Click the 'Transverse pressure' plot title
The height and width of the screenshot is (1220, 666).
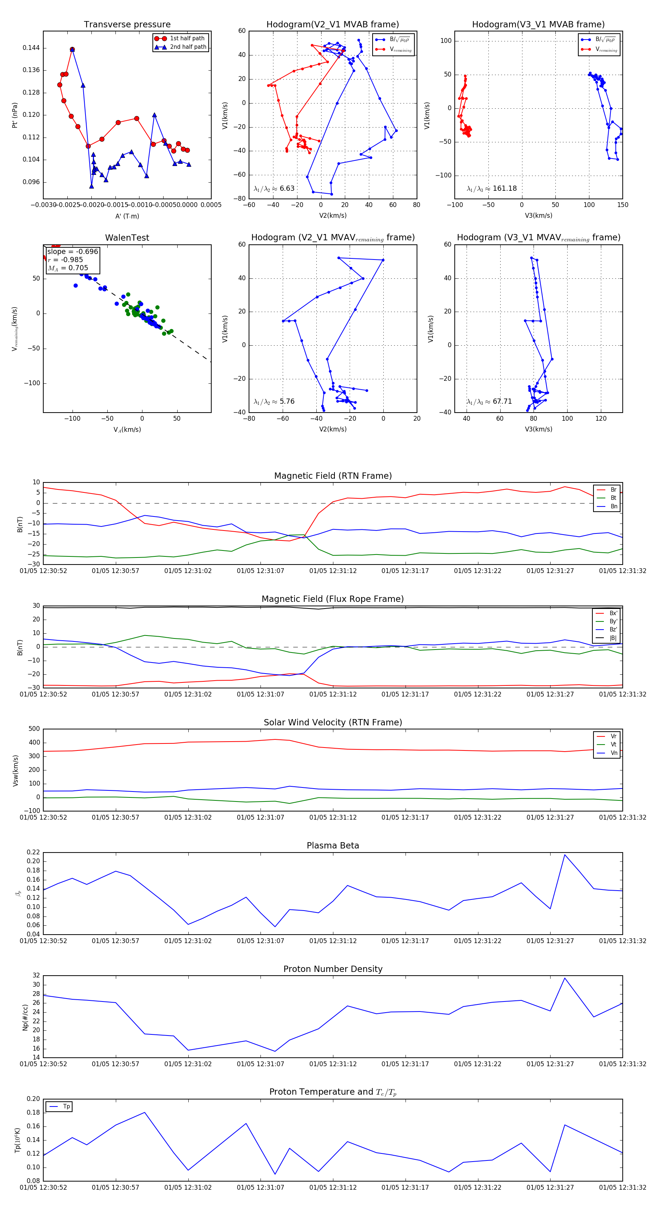[127, 25]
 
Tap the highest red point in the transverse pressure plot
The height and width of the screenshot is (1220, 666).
[72, 49]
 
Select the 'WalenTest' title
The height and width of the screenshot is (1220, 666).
[127, 238]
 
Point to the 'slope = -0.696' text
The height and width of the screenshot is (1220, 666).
[73, 251]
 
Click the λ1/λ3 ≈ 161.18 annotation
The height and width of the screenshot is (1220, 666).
[492, 189]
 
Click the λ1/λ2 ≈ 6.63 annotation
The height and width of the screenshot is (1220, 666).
[274, 189]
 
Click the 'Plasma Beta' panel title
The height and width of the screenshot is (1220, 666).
[333, 846]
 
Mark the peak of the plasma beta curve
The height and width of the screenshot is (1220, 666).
[565, 855]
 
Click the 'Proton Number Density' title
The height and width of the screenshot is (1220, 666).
[333, 969]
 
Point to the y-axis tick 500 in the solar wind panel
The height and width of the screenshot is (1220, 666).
[34, 729]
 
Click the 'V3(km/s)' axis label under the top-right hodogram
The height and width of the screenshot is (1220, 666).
[538, 216]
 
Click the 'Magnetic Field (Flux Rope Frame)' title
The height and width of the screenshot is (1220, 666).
[333, 599]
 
